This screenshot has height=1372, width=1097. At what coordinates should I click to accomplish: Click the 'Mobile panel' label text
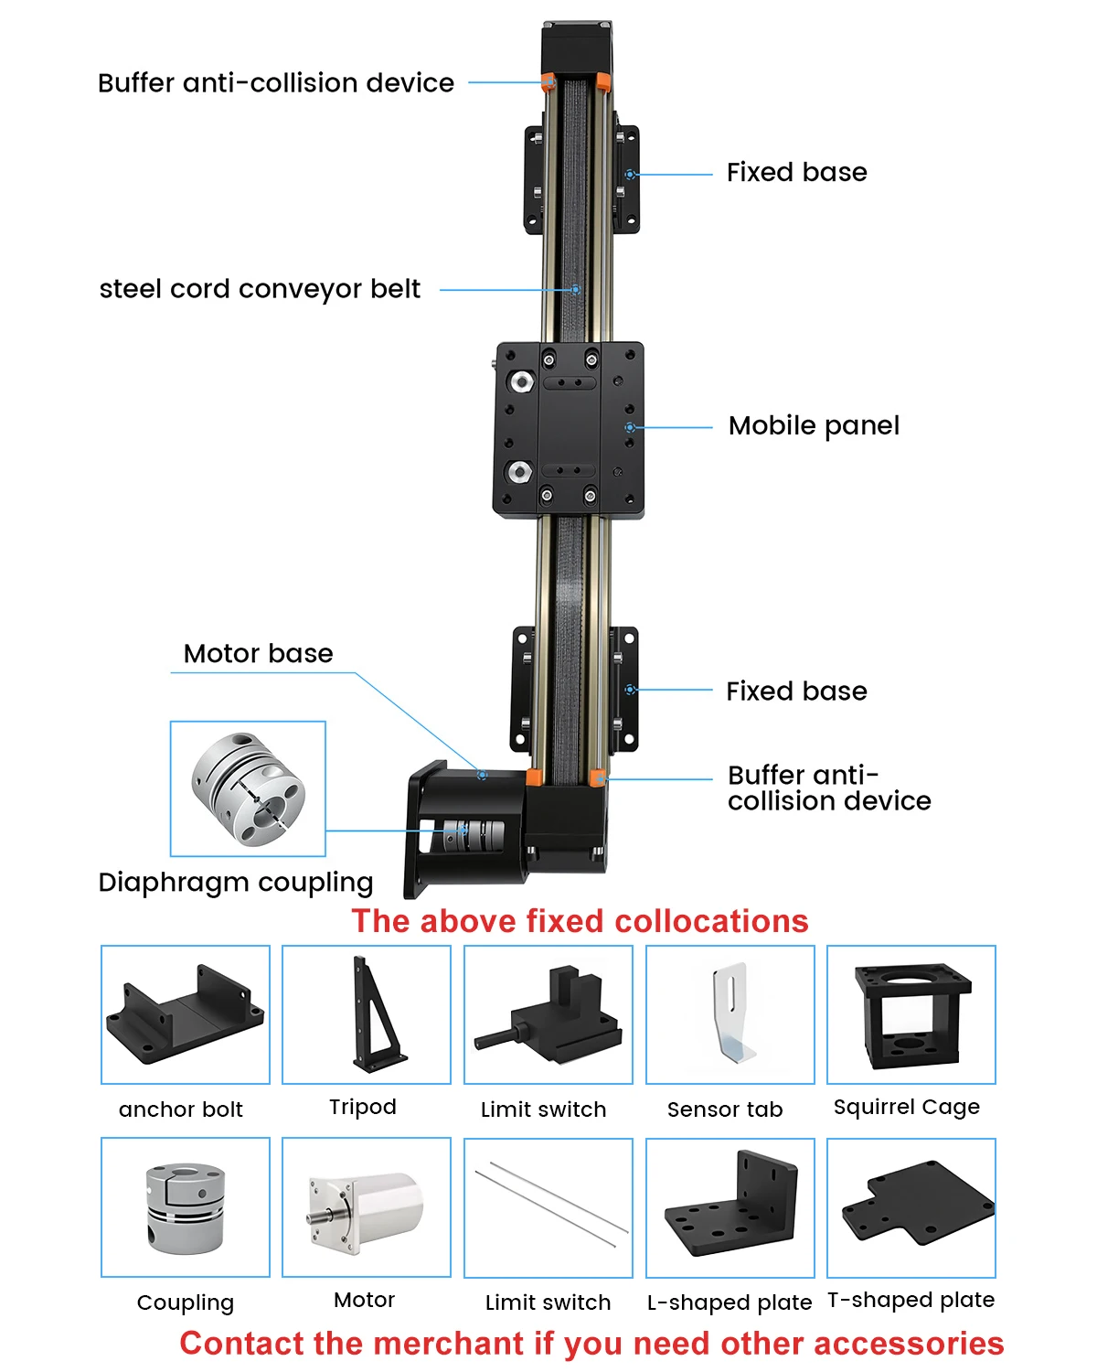click(814, 426)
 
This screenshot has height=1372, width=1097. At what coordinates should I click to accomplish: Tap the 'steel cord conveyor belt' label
click(260, 289)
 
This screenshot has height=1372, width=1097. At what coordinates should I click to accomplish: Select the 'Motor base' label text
click(258, 653)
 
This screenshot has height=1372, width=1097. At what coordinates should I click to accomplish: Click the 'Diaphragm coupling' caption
click(235, 883)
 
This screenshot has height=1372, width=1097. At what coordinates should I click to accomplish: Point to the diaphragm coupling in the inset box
click(248, 788)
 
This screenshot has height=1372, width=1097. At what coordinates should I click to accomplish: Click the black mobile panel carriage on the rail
click(569, 430)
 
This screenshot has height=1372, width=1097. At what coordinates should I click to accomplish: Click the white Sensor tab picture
click(733, 1013)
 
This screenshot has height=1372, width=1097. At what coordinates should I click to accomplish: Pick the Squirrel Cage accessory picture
click(911, 1015)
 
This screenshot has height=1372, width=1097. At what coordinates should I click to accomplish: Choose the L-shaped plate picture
click(731, 1204)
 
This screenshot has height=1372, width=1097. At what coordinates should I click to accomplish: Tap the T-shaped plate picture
click(918, 1202)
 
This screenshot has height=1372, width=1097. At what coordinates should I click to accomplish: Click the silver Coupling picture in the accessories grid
click(185, 1206)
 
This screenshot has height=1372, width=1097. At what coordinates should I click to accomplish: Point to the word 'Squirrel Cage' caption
click(907, 1108)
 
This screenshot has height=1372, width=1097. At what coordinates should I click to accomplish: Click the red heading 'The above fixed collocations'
click(580, 921)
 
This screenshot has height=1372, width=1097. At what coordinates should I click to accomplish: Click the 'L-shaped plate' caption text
click(730, 1302)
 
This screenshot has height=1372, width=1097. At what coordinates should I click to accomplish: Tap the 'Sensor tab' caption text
click(725, 1110)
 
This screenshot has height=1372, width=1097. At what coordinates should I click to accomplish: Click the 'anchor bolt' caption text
click(180, 1110)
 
